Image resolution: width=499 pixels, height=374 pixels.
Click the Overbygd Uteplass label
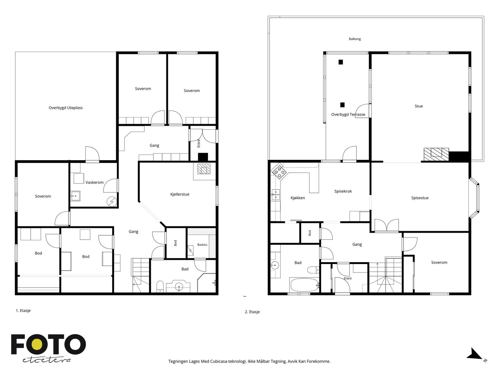click(x=65, y=108)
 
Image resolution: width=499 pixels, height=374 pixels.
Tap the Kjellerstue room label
click(x=180, y=194)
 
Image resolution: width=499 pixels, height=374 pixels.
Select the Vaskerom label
click(x=94, y=182)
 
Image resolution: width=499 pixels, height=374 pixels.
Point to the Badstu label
click(x=202, y=245)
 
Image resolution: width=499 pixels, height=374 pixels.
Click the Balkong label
click(x=355, y=39)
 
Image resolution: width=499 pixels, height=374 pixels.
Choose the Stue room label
click(x=419, y=106)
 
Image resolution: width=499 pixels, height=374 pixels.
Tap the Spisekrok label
click(x=343, y=191)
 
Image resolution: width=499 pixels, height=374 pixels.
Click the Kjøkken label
click(x=298, y=198)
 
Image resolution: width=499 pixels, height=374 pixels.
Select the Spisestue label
click(x=420, y=198)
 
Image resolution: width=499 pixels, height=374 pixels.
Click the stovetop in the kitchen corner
click(x=279, y=172)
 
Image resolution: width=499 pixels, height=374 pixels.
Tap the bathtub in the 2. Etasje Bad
click(x=304, y=285)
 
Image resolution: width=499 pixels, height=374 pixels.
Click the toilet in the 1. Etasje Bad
click(x=160, y=286)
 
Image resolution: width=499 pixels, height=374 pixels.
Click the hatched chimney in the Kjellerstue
click(x=204, y=169)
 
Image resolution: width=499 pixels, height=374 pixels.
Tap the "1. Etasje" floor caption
click(x=23, y=310)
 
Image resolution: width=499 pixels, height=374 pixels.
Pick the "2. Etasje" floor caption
click(x=252, y=312)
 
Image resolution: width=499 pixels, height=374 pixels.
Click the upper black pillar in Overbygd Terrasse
click(x=340, y=62)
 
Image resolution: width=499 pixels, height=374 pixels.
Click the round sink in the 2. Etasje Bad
click(x=275, y=265)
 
